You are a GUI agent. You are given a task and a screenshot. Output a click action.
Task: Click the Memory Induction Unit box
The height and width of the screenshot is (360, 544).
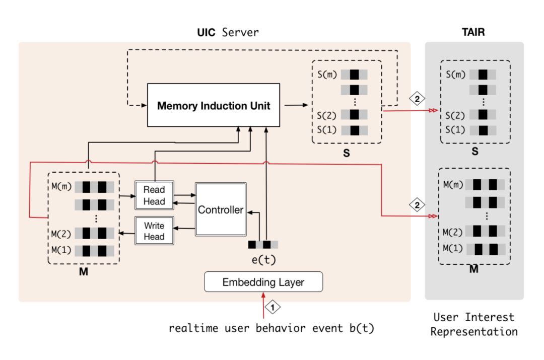click(x=214, y=106)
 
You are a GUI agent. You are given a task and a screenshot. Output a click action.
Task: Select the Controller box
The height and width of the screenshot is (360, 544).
click(x=220, y=210)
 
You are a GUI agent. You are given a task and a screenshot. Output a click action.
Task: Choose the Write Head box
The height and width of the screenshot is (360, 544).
click(x=154, y=231)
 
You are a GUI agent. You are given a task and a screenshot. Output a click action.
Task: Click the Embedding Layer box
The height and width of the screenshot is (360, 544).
click(x=263, y=282)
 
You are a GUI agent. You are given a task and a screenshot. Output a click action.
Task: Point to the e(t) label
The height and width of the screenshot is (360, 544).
click(x=263, y=260)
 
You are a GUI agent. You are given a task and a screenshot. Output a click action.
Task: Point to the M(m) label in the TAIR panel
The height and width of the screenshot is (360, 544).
click(x=453, y=184)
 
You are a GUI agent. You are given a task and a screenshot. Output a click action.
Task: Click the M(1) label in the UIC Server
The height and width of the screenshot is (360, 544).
click(x=61, y=250)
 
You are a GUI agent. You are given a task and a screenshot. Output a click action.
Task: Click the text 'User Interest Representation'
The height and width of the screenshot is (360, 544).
click(x=473, y=324)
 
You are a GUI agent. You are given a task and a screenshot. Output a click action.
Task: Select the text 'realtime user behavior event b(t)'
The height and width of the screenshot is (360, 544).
click(x=271, y=329)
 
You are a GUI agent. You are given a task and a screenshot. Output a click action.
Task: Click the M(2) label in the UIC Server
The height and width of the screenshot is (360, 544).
click(x=61, y=233)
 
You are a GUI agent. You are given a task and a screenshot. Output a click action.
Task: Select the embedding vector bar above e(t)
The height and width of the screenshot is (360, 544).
click(x=263, y=245)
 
